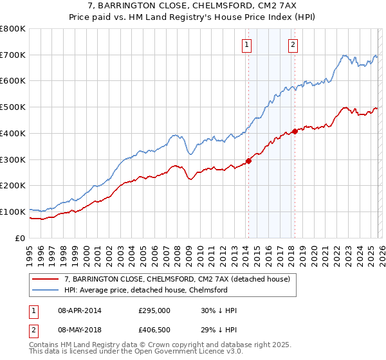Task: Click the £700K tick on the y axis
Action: tap(13, 55)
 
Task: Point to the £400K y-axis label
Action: tap(13, 134)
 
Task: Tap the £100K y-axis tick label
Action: tap(13, 212)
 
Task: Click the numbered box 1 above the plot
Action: tap(247, 44)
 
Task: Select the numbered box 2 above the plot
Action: tap(293, 44)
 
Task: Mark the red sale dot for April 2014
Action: tap(248, 161)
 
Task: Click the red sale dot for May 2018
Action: tap(295, 132)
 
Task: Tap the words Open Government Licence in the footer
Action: tap(160, 353)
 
